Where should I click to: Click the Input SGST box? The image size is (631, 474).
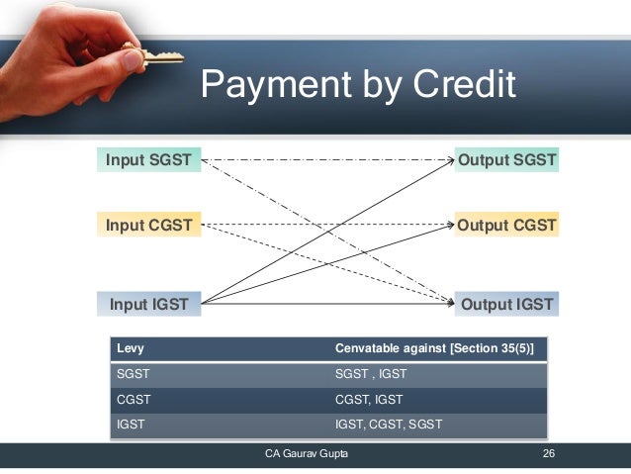click(148, 159)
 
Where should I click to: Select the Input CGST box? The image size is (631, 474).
click(148, 225)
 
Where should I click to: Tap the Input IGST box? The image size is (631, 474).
click(148, 304)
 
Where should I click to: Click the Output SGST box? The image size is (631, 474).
click(506, 159)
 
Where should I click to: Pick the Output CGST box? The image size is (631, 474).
click(506, 225)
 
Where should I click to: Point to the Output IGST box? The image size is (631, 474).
click(506, 304)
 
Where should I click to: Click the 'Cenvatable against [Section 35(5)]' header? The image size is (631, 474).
click(434, 349)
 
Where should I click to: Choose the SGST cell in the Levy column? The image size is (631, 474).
click(135, 375)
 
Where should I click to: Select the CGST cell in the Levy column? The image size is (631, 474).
click(135, 401)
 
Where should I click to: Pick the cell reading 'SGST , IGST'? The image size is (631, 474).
click(371, 375)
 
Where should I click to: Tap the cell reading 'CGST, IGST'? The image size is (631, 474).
click(369, 401)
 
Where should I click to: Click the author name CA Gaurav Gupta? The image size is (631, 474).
click(306, 454)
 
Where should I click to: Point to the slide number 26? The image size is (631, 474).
click(548, 454)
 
